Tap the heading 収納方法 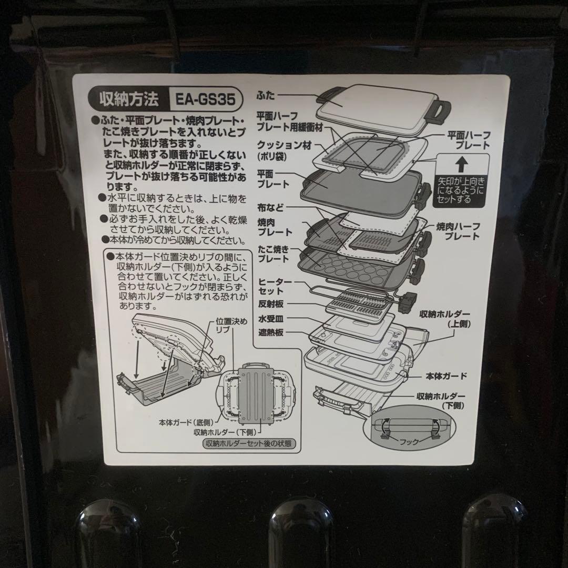tap(129, 99)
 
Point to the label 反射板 tap(271, 304)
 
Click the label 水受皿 tap(271, 319)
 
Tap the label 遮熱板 tap(271, 333)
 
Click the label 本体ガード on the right tap(446, 377)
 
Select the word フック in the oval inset tap(409, 442)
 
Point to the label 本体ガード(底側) tap(186, 422)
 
